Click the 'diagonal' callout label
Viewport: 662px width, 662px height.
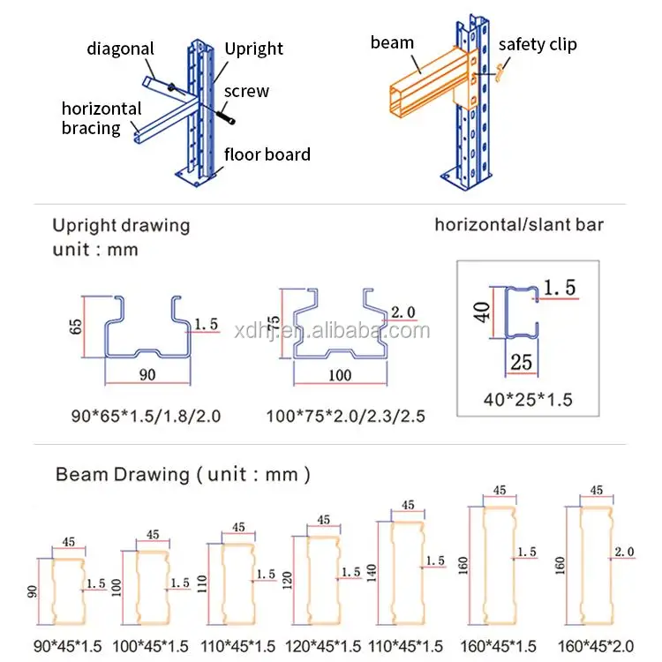point(120,49)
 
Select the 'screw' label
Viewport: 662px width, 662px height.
point(246,91)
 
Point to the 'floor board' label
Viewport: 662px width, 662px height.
point(267,154)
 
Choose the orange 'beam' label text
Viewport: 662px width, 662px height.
point(392,42)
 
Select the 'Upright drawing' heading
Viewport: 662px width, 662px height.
point(121,225)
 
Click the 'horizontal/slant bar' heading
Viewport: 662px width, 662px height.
point(519,224)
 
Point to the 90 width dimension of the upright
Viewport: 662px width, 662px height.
point(147,374)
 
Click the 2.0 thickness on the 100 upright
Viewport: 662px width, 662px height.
point(402,312)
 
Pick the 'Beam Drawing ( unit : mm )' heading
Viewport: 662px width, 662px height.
point(183,474)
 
